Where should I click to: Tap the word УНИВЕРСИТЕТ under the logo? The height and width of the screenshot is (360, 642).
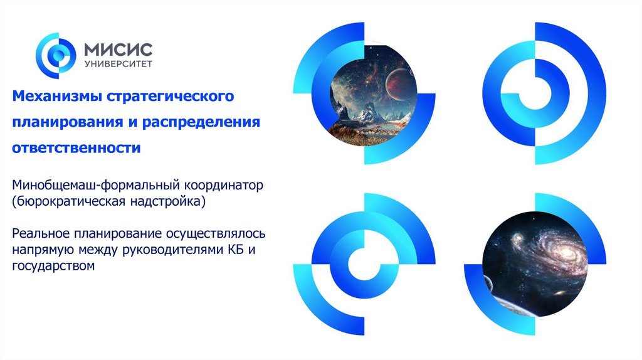tap(117, 64)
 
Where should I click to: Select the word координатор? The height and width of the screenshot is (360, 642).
tap(227, 187)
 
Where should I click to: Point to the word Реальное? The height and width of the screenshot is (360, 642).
tap(42, 234)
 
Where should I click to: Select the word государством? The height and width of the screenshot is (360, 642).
tap(53, 266)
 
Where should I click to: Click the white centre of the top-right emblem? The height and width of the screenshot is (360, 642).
tap(538, 93)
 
